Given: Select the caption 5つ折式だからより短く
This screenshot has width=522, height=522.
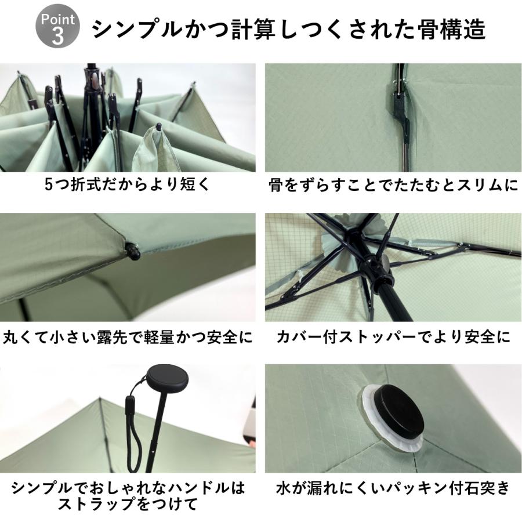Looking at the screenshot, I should tap(126, 186).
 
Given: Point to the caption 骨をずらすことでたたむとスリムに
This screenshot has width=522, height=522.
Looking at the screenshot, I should tap(393, 186).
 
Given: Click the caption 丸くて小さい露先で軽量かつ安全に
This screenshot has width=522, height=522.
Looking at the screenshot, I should tap(128, 337).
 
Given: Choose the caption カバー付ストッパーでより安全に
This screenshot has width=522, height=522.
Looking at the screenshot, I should tap(393, 337).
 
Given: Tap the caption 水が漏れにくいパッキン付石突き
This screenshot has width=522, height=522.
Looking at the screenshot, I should tap(393, 488).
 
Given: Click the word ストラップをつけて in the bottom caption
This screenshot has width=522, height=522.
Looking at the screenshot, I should tap(128, 502).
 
